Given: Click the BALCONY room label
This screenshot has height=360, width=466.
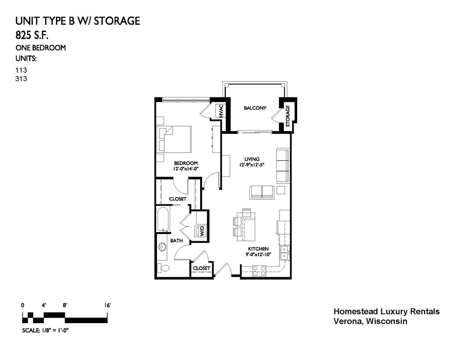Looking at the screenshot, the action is tap(255, 108).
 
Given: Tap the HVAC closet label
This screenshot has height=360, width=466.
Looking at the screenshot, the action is tap(221, 110).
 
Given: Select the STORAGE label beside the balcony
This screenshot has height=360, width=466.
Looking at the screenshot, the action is tap(288, 116).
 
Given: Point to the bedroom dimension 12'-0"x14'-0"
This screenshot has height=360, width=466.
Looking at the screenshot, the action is tap(186, 169).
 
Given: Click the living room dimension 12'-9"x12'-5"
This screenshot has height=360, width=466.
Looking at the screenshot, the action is tap(252, 165).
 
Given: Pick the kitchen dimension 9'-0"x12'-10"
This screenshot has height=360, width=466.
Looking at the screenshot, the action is tap(258, 254).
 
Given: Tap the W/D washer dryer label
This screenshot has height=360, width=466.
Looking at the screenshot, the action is tap(202, 231).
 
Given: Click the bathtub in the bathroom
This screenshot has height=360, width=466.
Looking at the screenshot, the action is tap(163, 219).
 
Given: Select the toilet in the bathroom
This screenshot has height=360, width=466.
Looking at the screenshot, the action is tap(163, 268).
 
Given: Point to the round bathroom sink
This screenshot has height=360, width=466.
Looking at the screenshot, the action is tap(162, 247).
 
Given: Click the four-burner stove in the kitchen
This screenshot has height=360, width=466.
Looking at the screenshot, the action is tap(259, 270).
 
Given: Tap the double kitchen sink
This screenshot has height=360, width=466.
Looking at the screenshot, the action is tap(284, 253).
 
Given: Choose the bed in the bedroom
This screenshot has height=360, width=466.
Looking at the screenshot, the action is tap(174, 139).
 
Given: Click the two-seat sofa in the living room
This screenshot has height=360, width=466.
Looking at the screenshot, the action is tap(262, 192).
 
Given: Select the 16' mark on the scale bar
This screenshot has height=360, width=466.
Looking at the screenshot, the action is tap(107, 305).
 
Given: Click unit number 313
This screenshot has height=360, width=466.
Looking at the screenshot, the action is tap(21, 78).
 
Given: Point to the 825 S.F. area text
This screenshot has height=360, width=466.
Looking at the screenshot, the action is tap(32, 35).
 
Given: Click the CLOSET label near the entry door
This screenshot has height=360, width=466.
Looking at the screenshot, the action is tap(202, 268).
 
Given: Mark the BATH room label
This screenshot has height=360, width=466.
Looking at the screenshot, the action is tap(177, 241).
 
